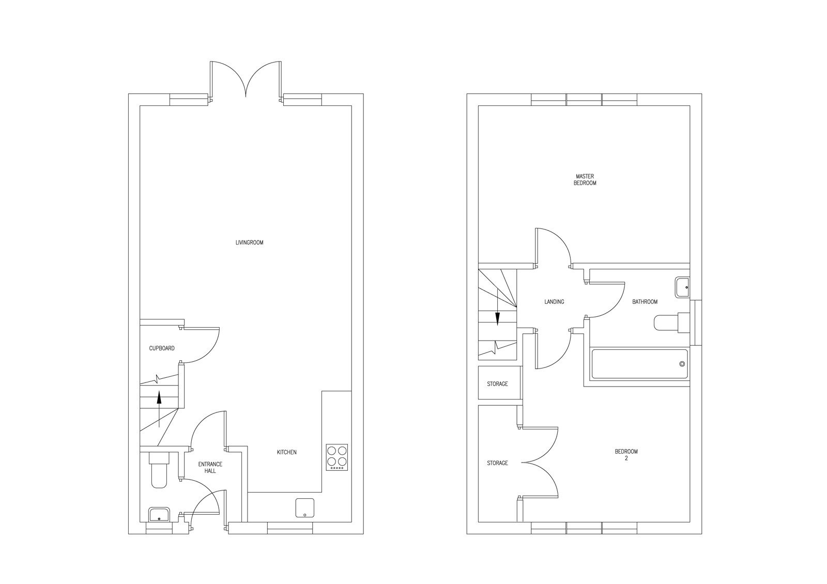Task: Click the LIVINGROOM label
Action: (249, 242)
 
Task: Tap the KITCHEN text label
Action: (286, 452)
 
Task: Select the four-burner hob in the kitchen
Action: (336, 457)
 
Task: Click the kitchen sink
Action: (305, 508)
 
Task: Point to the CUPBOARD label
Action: (162, 348)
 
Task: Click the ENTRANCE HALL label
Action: (210, 467)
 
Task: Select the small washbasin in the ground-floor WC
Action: (159, 515)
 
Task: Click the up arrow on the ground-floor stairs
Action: (159, 409)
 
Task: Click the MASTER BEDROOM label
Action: (585, 180)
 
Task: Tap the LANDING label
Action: (554, 302)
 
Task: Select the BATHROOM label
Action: (645, 302)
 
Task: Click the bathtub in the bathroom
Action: (640, 364)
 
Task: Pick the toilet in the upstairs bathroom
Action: (671, 322)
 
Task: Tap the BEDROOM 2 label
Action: (626, 455)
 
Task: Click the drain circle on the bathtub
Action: (682, 364)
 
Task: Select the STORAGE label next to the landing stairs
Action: (497, 384)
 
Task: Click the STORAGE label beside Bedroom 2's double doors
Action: (497, 463)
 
